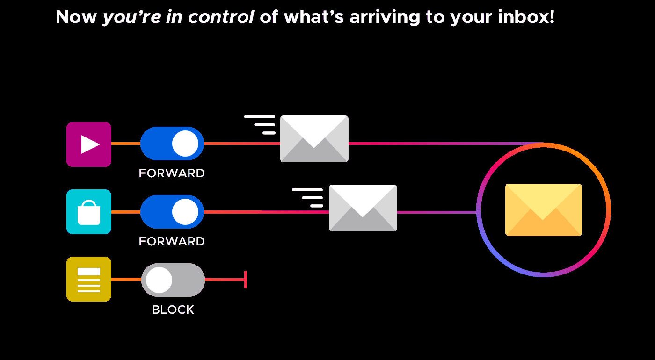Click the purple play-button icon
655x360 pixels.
tap(89, 144)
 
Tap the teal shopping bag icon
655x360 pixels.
tap(89, 212)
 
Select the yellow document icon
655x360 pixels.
tap(89, 279)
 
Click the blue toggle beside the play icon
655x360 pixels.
tap(172, 144)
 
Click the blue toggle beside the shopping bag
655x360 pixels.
tap(172, 212)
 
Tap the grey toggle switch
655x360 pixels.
tap(173, 280)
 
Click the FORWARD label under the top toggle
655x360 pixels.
tap(172, 173)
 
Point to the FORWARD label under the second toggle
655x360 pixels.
tap(172, 242)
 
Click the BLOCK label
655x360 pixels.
tap(173, 310)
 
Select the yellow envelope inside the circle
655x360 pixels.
tap(544, 210)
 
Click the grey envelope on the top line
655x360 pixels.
tap(314, 139)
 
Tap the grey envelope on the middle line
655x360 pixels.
tap(363, 208)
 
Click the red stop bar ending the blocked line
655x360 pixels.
tap(246, 280)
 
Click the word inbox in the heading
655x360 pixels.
tap(526, 17)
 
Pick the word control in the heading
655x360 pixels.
tap(221, 17)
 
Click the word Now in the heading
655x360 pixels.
tap(76, 17)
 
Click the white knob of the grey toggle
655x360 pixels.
tap(159, 280)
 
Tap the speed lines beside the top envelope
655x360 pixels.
tap(260, 125)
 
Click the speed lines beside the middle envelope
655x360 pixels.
tap(307, 198)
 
